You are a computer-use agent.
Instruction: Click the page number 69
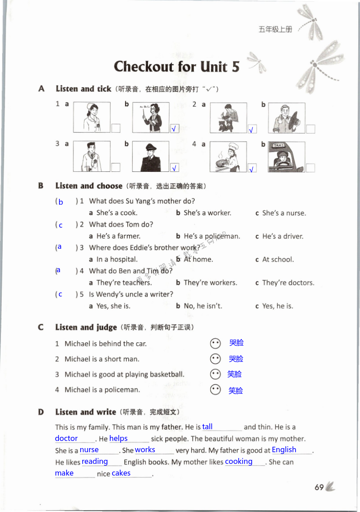pyautogui.click(x=319, y=488)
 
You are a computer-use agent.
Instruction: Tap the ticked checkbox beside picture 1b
pyautogui.click(x=175, y=129)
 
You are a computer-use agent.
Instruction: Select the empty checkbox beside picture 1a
pyautogui.click(x=116, y=129)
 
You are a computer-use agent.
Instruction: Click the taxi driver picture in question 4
pyautogui.click(x=286, y=157)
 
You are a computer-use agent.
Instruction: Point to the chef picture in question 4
pyautogui.click(x=228, y=157)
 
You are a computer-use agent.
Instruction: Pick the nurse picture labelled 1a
pyautogui.click(x=92, y=117)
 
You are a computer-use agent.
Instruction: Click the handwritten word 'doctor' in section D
pyautogui.click(x=67, y=438)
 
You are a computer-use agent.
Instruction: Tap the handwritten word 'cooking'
pyautogui.click(x=239, y=461)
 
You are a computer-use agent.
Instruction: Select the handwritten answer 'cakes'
pyautogui.click(x=121, y=473)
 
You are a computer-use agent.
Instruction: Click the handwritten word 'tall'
pyautogui.click(x=207, y=427)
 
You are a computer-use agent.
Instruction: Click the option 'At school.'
pyautogui.click(x=278, y=259)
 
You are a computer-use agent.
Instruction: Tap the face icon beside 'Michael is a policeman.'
pyautogui.click(x=216, y=390)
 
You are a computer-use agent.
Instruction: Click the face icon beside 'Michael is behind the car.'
pyautogui.click(x=216, y=343)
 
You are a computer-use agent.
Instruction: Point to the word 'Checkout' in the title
pyautogui.click(x=144, y=67)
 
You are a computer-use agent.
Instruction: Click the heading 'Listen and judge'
pyautogui.click(x=86, y=327)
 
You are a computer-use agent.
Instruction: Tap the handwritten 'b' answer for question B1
pyautogui.click(x=61, y=202)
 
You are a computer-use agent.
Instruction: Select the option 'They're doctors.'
pyautogui.click(x=288, y=283)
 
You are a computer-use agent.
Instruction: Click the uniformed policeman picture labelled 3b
pyautogui.click(x=151, y=157)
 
